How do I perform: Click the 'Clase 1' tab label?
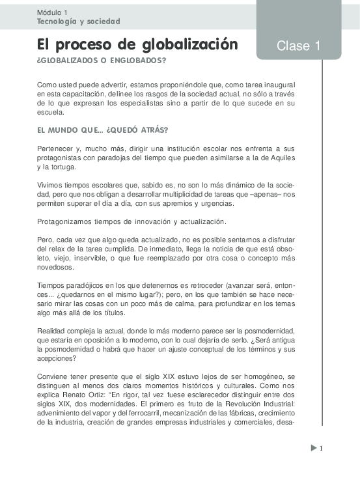[298, 46]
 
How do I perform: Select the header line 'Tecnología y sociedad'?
[79, 21]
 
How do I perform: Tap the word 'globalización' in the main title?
[191, 45]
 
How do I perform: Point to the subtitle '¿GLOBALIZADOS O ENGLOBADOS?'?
[102, 61]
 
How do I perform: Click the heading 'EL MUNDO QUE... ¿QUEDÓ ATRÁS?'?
[103, 130]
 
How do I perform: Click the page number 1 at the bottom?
[321, 448]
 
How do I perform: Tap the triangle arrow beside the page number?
[313, 447]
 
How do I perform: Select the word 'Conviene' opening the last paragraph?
[53, 376]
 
